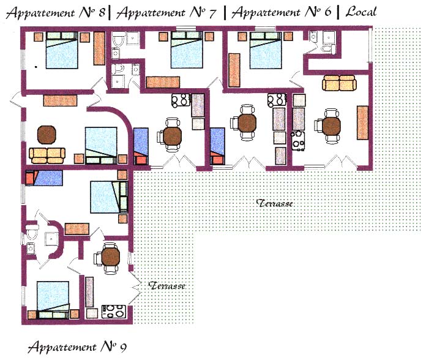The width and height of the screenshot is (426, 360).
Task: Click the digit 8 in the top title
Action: [102, 13]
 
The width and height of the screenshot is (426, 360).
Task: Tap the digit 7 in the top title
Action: [212, 13]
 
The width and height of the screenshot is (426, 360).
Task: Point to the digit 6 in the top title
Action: [327, 12]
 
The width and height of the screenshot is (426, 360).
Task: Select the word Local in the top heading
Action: [361, 12]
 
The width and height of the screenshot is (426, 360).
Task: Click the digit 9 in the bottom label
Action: [123, 348]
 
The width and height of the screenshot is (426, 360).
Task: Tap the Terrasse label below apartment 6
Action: [274, 203]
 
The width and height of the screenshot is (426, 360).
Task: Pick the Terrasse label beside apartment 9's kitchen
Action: [167, 285]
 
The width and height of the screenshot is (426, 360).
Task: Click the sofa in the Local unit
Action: [339, 83]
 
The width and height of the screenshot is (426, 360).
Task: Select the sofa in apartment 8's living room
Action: [47, 156]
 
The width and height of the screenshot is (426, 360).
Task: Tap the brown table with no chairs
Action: [47, 135]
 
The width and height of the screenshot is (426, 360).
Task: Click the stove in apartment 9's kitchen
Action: [114, 312]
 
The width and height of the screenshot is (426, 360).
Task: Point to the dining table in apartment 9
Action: [110, 257]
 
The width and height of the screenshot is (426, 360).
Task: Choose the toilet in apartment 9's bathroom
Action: [31, 231]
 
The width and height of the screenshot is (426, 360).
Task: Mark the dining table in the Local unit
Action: [332, 126]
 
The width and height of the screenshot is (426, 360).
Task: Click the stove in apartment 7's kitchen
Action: [181, 100]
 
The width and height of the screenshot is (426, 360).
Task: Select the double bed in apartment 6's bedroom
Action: [266, 50]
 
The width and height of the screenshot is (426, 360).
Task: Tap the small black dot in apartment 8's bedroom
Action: [36, 67]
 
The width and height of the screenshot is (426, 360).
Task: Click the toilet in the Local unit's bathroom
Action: [329, 49]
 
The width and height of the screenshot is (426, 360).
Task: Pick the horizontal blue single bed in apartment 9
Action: [43, 178]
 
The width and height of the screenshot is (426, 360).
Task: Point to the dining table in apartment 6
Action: [247, 123]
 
